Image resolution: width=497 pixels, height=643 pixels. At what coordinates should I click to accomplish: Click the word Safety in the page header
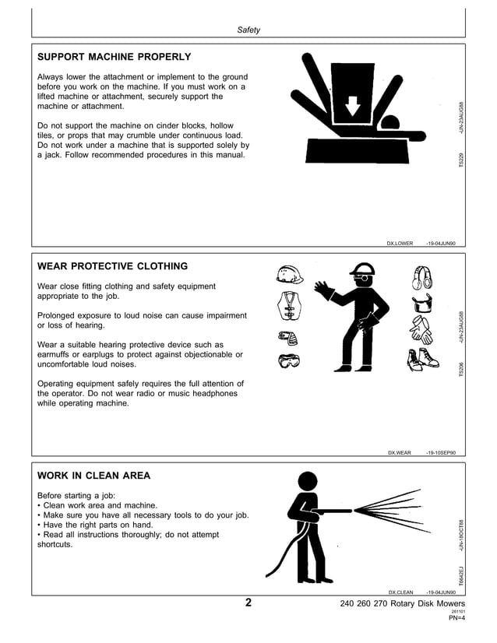click(x=248, y=30)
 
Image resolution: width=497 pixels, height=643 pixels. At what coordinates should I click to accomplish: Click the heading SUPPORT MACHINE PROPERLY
click(x=114, y=57)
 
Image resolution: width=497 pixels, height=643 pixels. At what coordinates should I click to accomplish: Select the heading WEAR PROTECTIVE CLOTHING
click(x=112, y=266)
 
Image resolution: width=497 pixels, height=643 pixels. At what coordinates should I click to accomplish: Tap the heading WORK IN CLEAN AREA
click(x=93, y=476)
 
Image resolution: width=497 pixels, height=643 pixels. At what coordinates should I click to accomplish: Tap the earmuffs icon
click(x=422, y=276)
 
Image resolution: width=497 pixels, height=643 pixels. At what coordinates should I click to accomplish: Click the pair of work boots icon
click(x=422, y=360)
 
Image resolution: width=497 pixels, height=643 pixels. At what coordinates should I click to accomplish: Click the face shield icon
click(x=422, y=303)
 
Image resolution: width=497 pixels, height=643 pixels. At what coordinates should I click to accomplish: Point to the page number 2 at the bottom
click(x=248, y=603)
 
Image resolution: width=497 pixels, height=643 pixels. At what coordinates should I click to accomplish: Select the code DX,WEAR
click(x=399, y=452)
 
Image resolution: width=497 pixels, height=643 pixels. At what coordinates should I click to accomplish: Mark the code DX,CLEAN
click(x=400, y=592)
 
